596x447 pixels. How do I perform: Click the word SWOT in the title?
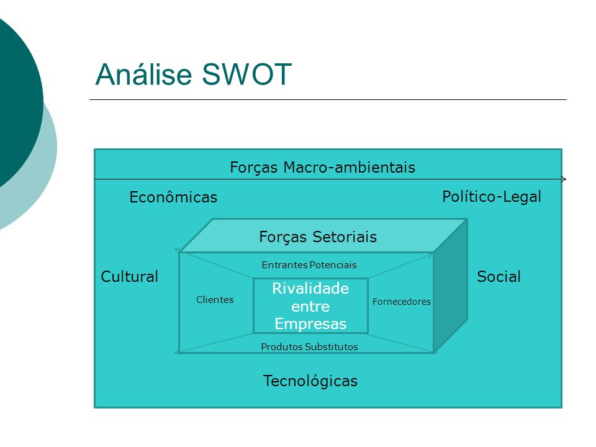point(246,74)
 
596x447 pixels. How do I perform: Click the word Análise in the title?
point(143,74)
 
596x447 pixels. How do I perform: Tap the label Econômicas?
point(173,197)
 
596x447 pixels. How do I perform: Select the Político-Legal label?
point(492,197)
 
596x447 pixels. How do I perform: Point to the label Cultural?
point(129,276)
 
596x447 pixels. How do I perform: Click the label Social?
point(499,276)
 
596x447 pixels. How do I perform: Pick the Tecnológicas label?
point(310,381)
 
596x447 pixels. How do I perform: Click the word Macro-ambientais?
point(350,167)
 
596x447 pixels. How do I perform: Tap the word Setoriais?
point(345,237)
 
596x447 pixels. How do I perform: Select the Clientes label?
point(215,299)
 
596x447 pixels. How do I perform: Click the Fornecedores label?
point(402,302)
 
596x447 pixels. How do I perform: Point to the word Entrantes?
point(284,265)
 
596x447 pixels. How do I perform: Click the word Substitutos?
point(331,346)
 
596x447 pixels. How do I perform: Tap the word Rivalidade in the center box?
point(310,289)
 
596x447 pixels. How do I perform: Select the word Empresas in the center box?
point(310,324)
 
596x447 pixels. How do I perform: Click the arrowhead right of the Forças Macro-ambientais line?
point(564,179)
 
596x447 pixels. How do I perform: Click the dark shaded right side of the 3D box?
point(451,286)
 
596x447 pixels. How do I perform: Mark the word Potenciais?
point(333,265)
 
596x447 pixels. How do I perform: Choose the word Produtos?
point(282,346)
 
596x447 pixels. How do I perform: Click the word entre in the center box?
point(310,306)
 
